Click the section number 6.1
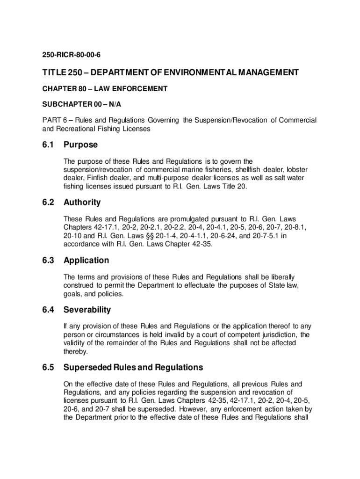pos(48,145)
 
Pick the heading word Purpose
pos(80,145)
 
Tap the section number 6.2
pos(48,203)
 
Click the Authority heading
pos(82,203)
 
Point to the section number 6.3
pos(48,260)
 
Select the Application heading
pos(86,260)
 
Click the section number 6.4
pos(48,310)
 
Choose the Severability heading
pos(87,310)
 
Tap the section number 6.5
pos(48,367)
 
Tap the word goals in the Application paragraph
pos(73,294)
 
